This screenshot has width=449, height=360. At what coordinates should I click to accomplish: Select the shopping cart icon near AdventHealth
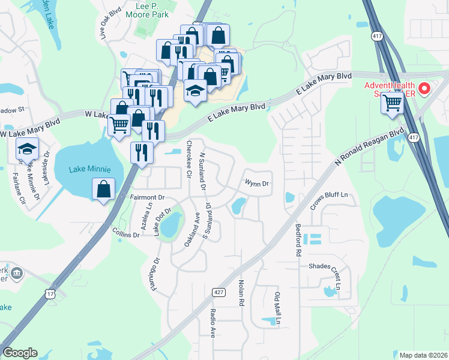pyautogui.click(x=391, y=103)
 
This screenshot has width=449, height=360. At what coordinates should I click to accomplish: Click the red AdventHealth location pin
pyautogui.click(x=424, y=89)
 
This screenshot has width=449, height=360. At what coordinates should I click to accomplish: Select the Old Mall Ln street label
pyautogui.click(x=277, y=308)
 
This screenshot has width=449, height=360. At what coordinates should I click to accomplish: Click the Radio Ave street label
pyautogui.click(x=212, y=323)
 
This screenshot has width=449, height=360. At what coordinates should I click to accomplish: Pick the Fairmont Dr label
pyautogui.click(x=147, y=197)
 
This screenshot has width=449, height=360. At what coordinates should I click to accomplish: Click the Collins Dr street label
pyautogui.click(x=126, y=233)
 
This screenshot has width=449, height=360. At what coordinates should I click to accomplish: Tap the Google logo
pyautogui.click(x=20, y=353)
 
